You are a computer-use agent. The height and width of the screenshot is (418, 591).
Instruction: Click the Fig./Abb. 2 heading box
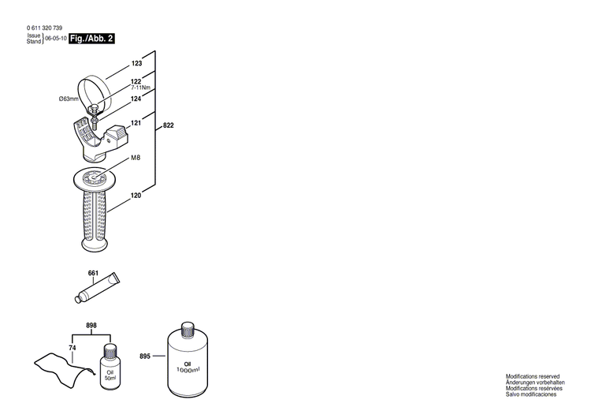(x=91, y=39)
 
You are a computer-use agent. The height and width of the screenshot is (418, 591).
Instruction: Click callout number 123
(x=136, y=63)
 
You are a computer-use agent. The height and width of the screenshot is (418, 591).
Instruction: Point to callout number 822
(x=169, y=126)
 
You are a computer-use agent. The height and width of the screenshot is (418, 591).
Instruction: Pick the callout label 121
(x=136, y=123)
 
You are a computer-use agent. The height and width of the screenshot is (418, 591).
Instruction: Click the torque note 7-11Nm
(x=142, y=88)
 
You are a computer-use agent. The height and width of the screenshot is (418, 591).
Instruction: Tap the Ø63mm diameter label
(x=69, y=99)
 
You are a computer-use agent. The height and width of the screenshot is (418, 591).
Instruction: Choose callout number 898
(x=91, y=325)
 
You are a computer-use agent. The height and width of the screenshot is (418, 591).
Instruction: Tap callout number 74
(x=72, y=348)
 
